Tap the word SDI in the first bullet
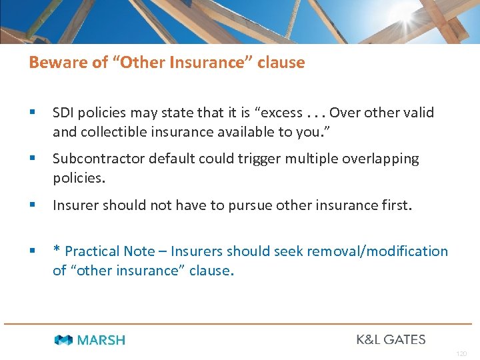pyautogui.click(x=64, y=113)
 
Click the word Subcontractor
pyautogui.click(x=97, y=159)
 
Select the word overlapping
pyautogui.click(x=375, y=159)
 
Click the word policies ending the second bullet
pyautogui.click(x=79, y=178)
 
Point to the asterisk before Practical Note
pyautogui.click(x=57, y=251)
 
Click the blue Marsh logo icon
pyautogui.click(x=64, y=340)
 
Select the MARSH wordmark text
pyautogui.click(x=101, y=340)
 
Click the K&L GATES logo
pyautogui.click(x=391, y=339)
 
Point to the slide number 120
pyautogui.click(x=461, y=354)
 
